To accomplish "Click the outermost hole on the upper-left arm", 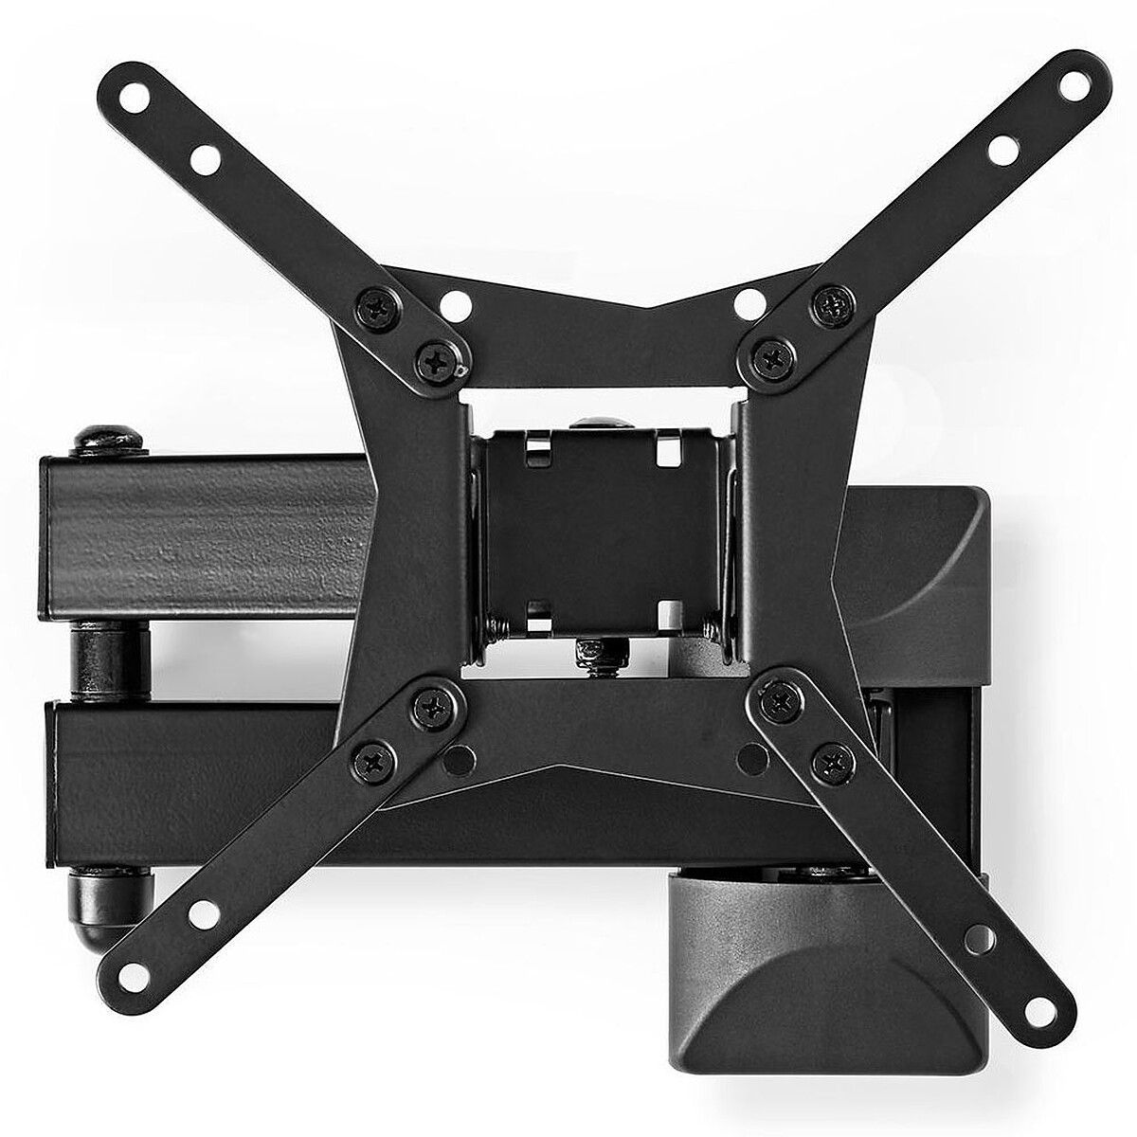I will pyautogui.click(x=138, y=96).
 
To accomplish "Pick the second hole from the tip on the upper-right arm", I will pyautogui.click(x=1001, y=150).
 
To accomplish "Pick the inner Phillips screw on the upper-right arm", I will pyautogui.click(x=769, y=357).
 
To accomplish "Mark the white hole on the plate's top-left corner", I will pyautogui.click(x=455, y=304).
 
